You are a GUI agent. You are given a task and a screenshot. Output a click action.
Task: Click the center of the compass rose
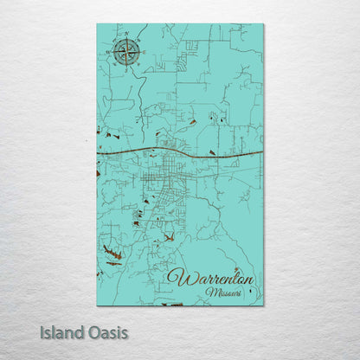[x=126, y=53]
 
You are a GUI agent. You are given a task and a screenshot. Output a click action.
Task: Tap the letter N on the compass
[x=126, y=37]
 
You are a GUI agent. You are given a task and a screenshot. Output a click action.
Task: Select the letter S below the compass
[x=126, y=69]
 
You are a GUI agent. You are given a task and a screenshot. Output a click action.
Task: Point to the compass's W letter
[x=111, y=54]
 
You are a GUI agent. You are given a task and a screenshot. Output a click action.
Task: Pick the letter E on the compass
[x=142, y=53]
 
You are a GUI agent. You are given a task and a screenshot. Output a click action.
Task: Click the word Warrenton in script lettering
[x=211, y=278]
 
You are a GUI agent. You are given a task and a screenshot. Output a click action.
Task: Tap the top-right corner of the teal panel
[x=263, y=24]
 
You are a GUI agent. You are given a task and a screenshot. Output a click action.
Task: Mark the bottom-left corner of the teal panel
[x=97, y=305]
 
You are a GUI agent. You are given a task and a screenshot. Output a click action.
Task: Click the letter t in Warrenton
[x=230, y=277]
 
